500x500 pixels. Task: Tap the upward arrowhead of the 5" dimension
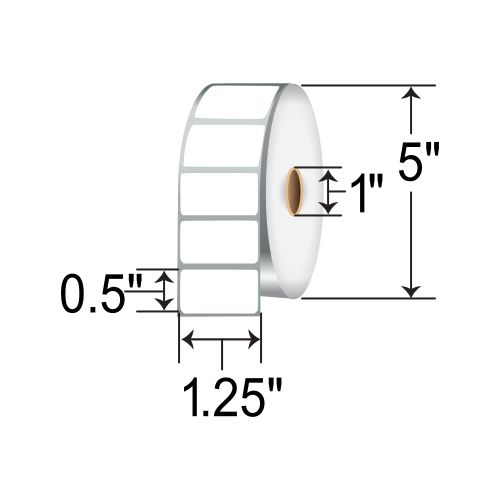(410, 95)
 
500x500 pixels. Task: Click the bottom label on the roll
(219, 290)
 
